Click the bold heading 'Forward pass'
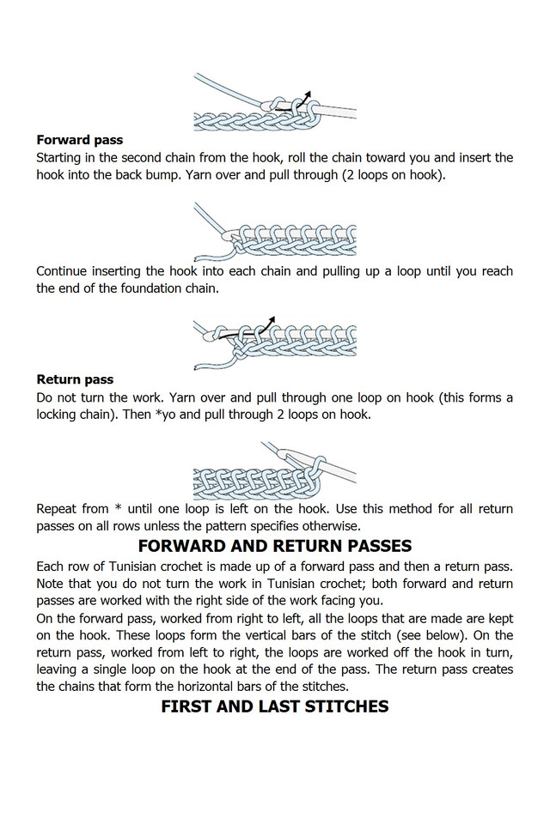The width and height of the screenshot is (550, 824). tap(79, 140)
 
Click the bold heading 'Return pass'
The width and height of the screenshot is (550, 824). tap(75, 379)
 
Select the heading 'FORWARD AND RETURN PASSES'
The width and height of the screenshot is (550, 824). tap(274, 546)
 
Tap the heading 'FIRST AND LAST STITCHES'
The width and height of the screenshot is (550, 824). tap(274, 706)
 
